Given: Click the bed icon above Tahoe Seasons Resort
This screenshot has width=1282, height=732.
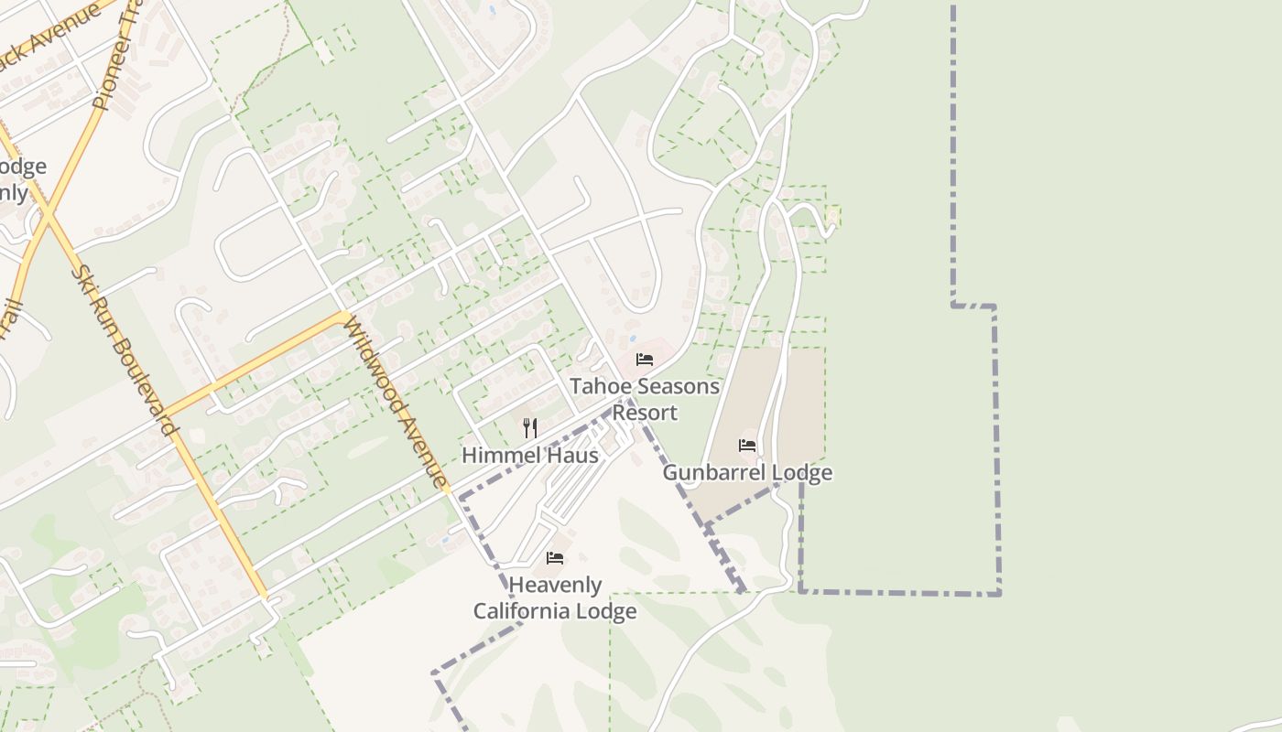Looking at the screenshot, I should [645, 360].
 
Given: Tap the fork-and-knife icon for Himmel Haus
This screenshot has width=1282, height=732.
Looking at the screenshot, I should [529, 427].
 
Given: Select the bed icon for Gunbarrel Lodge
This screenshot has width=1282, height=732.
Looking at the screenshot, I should [747, 446].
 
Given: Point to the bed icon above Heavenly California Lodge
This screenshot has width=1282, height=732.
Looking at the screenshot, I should [555, 558].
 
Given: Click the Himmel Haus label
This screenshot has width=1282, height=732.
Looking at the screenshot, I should [529, 455].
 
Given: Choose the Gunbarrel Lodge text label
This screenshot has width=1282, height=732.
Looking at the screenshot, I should [747, 473].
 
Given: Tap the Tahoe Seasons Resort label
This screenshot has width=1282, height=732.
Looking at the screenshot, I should [645, 399].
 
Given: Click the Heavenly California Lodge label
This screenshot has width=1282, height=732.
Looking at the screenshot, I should [555, 598].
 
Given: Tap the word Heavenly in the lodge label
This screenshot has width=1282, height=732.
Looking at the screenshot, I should [555, 586].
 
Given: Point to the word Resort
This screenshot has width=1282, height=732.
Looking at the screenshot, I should [645, 413].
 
